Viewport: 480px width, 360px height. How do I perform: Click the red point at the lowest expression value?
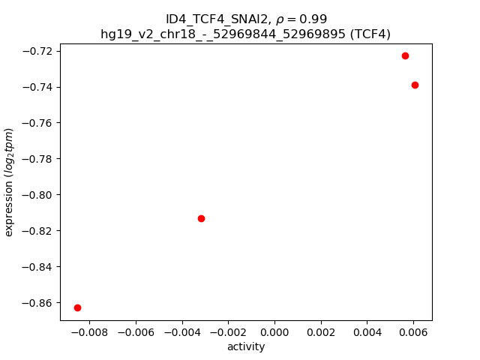pyautogui.click(x=77, y=307)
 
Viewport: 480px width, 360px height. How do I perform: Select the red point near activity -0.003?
pyautogui.click(x=201, y=218)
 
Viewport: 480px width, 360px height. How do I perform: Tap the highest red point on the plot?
pyautogui.click(x=405, y=55)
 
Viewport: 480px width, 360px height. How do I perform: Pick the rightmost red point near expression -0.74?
pyautogui.click(x=415, y=85)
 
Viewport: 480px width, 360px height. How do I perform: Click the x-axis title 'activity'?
pyautogui.click(x=246, y=346)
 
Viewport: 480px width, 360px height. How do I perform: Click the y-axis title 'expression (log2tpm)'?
pyautogui.click(x=10, y=182)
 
